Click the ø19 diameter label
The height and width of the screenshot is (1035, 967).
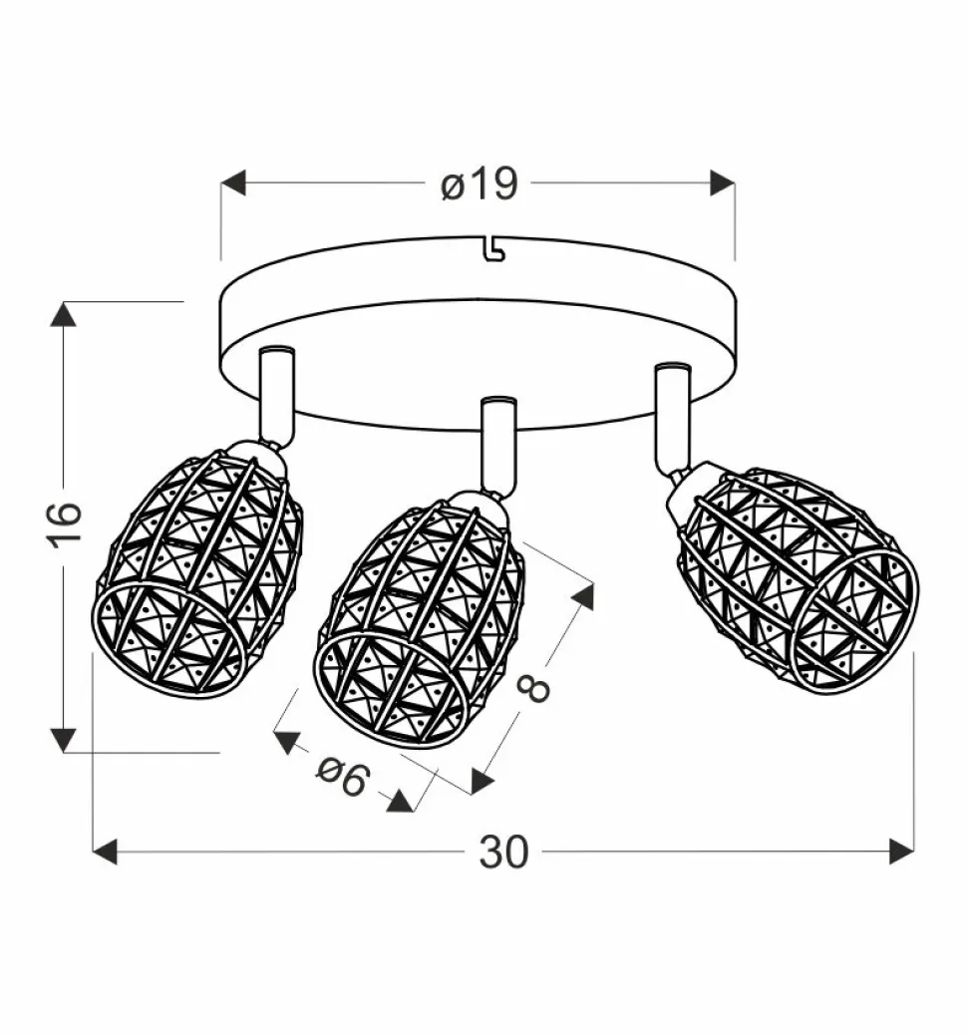pyautogui.click(x=480, y=183)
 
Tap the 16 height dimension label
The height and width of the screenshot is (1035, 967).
pyautogui.click(x=65, y=524)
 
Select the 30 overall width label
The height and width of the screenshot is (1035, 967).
pyautogui.click(x=503, y=852)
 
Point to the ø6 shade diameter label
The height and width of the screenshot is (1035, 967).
pyautogui.click(x=343, y=776)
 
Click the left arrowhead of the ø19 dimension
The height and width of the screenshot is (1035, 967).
pyautogui.click(x=233, y=182)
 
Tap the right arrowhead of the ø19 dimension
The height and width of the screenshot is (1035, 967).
pyautogui.click(x=722, y=182)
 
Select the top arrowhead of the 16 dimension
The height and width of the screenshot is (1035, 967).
pyautogui.click(x=64, y=314)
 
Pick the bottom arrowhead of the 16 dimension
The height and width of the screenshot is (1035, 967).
pyautogui.click(x=64, y=740)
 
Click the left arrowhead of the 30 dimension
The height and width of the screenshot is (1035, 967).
pyautogui.click(x=105, y=852)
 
